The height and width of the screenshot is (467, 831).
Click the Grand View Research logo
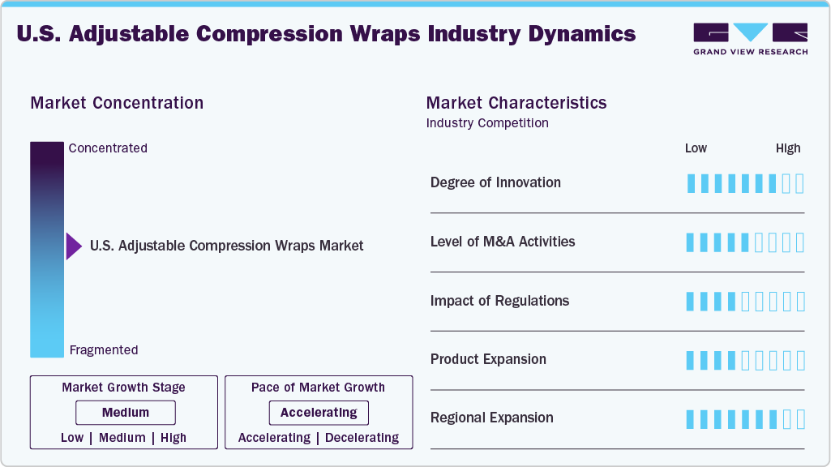750,38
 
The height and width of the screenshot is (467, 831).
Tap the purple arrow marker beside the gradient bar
74,246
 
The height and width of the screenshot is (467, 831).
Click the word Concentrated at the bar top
108,148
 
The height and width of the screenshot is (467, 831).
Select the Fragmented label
104,350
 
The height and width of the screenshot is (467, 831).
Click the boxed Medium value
126,413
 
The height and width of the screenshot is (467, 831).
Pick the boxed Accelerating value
319,413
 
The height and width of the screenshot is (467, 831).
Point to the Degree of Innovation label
495,182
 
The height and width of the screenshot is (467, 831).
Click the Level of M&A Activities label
503,242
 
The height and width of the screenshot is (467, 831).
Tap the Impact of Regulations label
499,301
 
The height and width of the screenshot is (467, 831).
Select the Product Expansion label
488,359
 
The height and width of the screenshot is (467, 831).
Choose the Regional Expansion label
492,418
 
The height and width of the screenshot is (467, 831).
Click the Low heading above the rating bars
696,148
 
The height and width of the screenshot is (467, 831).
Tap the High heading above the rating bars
788,148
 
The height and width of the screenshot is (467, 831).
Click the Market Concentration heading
117,103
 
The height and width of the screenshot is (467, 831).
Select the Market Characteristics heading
516,103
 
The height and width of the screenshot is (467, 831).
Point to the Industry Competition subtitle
487,123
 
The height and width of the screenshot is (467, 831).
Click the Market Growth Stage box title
124,388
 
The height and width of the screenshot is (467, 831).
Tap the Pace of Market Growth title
318,388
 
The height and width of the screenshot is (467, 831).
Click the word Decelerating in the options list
362,438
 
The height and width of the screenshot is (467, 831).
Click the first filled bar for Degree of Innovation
691,183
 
